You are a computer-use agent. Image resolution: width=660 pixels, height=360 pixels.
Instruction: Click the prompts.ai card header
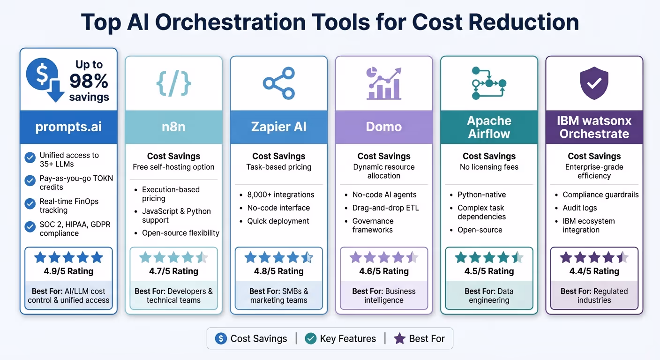68,127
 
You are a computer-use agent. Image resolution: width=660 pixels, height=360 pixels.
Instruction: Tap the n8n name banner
173,127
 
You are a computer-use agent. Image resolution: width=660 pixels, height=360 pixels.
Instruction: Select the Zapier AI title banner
278,127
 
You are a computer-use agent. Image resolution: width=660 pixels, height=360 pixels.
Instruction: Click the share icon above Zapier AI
278,83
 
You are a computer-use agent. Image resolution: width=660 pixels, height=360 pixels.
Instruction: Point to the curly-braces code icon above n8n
173,83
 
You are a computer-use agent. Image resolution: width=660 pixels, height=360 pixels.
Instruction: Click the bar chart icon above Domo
383,83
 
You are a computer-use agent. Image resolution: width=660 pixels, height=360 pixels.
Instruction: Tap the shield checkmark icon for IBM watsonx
594,83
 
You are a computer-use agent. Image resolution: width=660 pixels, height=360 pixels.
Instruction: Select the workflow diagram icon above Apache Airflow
489,83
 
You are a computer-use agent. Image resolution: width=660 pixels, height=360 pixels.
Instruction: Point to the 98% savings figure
89,82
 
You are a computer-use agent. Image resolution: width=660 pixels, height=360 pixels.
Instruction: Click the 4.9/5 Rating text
68,271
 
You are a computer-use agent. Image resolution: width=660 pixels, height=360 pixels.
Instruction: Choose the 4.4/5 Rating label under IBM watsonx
594,271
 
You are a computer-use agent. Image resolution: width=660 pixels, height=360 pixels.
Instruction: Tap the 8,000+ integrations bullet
280,195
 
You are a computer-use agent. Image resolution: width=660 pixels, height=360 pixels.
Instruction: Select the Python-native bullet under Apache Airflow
481,195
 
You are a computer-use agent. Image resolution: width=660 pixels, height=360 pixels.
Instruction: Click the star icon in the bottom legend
399,338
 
